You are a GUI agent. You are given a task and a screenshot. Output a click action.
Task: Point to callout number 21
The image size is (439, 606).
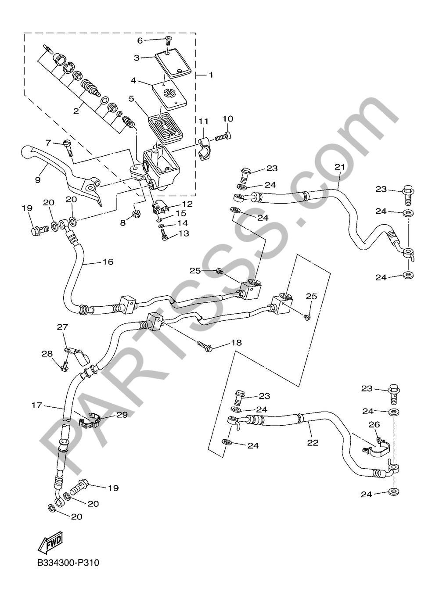click(x=339, y=167)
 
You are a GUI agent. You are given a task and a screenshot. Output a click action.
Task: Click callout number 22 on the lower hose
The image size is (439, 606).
click(x=312, y=443)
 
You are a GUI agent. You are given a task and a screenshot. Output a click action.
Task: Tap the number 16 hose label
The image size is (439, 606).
click(x=108, y=262)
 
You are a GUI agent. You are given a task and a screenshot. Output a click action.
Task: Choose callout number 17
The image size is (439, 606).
click(x=37, y=405)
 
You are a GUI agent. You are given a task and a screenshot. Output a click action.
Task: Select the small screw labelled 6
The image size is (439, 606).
click(x=169, y=42)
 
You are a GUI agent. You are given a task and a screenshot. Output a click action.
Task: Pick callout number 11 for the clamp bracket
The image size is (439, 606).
click(x=203, y=121)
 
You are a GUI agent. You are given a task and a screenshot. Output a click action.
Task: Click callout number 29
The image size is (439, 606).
click(x=122, y=414)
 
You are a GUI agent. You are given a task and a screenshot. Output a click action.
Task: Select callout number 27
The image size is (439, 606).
click(x=61, y=326)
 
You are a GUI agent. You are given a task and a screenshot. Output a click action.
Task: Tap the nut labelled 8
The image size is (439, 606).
click(x=136, y=214)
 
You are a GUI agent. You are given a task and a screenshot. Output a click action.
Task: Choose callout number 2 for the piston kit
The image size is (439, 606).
click(x=76, y=111)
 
